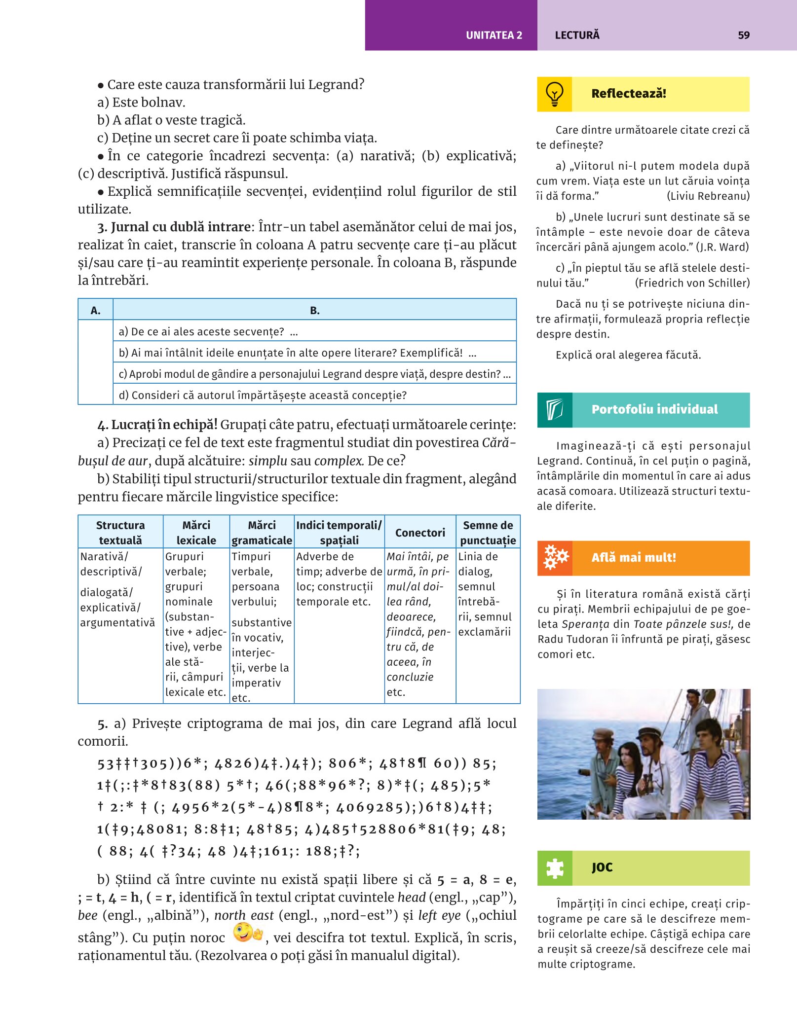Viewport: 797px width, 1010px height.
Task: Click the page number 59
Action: click(743, 35)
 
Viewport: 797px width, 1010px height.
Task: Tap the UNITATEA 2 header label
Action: click(493, 35)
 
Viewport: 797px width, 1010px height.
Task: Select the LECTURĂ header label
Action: click(577, 35)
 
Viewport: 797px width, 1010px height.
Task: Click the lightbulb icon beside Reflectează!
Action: click(554, 94)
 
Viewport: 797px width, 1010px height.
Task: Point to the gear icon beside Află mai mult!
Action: click(555, 558)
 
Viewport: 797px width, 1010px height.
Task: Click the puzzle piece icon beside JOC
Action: click(555, 868)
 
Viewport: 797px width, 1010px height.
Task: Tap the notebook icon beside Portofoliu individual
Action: click(555, 410)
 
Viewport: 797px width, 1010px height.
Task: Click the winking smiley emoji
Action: click(247, 933)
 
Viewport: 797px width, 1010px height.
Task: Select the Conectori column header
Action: click(420, 533)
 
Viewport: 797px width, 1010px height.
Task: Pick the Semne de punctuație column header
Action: click(488, 533)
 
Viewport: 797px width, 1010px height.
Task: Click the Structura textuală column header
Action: click(120, 533)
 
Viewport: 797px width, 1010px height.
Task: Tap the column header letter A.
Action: click(95, 310)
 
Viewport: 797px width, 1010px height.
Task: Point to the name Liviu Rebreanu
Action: click(708, 196)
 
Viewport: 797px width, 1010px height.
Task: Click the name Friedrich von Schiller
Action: click(692, 283)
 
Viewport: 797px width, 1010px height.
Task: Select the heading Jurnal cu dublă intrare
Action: click(181, 227)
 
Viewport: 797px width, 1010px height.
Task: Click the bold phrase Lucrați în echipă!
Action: click(164, 425)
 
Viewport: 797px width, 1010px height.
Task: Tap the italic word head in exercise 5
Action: click(412, 897)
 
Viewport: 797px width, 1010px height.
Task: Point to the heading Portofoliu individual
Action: click(654, 409)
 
